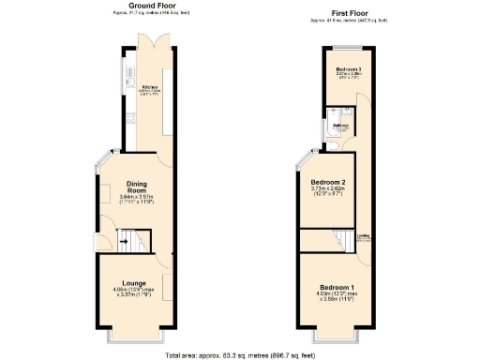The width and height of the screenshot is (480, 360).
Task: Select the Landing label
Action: click(363, 236)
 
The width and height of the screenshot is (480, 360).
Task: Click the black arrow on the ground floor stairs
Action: click(122, 241)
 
